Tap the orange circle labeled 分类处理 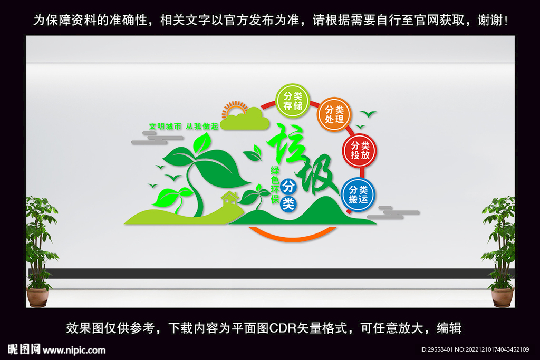click(x=334, y=114)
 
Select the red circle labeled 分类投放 click(x=359, y=150)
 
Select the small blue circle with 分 click(x=288, y=186)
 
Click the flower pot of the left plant click(x=37, y=297)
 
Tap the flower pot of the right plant click(x=502, y=297)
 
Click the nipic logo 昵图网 click(x=25, y=349)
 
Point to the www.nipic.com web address click(x=74, y=350)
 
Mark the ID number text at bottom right click(x=474, y=350)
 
